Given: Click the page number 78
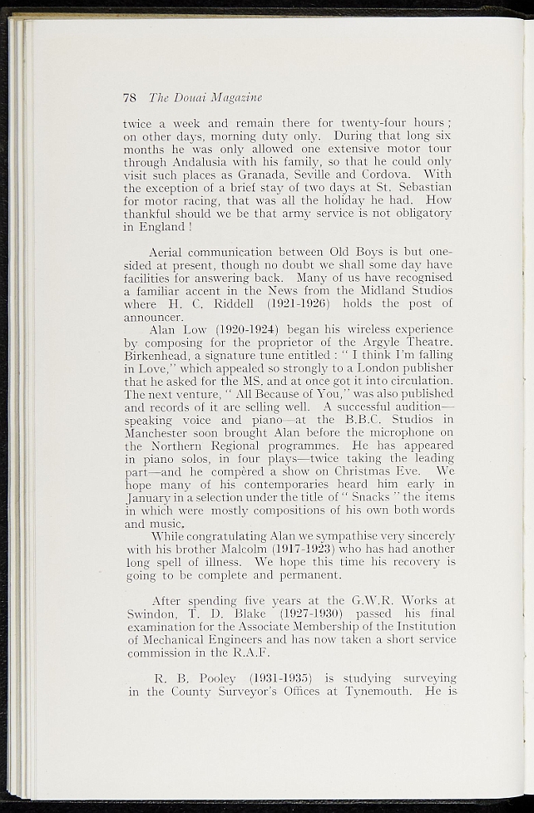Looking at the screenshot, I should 130,98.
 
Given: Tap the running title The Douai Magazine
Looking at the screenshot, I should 203,98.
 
